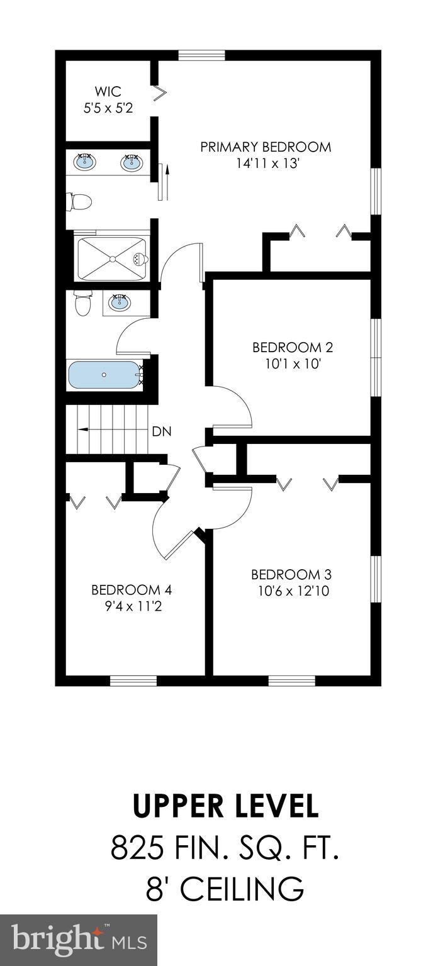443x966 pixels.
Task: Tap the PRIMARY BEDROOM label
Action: tap(266, 147)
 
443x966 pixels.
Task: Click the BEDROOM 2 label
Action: tap(293, 347)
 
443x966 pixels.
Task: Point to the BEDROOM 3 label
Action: tap(291, 574)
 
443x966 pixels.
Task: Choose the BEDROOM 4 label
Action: tap(132, 590)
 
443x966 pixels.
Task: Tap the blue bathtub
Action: tap(103, 375)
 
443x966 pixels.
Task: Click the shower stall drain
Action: tap(112, 258)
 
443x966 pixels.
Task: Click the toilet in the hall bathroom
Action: tap(82, 304)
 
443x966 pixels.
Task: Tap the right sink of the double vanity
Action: tap(131, 163)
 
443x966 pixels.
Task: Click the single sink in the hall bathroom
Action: tap(118, 303)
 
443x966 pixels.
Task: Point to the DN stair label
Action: tap(161, 432)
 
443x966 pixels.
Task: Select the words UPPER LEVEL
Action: tap(225, 806)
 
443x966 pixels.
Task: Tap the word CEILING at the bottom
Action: tap(244, 889)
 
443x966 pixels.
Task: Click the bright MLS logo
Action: tap(79, 940)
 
